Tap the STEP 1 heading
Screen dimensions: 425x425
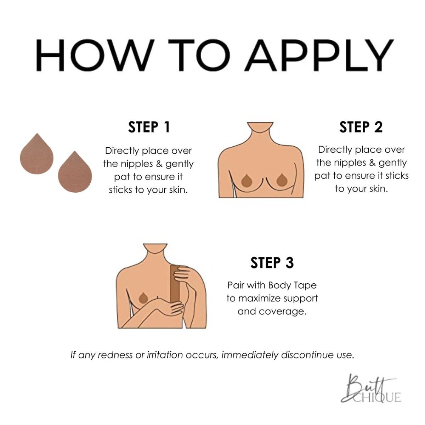click(149, 127)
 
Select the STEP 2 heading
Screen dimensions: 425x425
click(361, 127)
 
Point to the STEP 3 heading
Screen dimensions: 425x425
click(272, 263)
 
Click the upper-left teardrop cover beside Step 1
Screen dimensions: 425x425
click(36, 154)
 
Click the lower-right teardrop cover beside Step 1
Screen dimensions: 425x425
click(75, 172)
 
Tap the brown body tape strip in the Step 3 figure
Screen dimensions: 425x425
click(175, 284)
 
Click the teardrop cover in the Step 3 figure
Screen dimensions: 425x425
click(143, 298)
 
